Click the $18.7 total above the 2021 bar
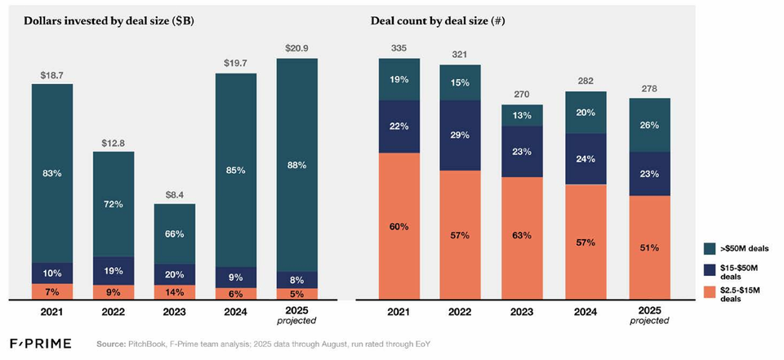(x=52, y=75)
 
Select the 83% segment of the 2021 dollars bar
(x=52, y=172)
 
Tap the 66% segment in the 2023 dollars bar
(x=175, y=233)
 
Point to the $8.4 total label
(x=175, y=195)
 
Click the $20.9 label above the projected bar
(x=296, y=49)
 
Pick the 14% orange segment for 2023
(x=175, y=291)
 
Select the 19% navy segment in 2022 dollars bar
(x=114, y=271)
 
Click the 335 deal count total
(x=399, y=49)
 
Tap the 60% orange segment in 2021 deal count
(x=399, y=226)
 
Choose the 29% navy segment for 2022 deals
(x=461, y=136)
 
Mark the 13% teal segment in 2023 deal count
(x=522, y=115)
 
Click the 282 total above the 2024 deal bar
(x=586, y=82)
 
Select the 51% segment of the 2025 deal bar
(x=649, y=247)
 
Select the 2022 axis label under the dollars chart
(x=114, y=311)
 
